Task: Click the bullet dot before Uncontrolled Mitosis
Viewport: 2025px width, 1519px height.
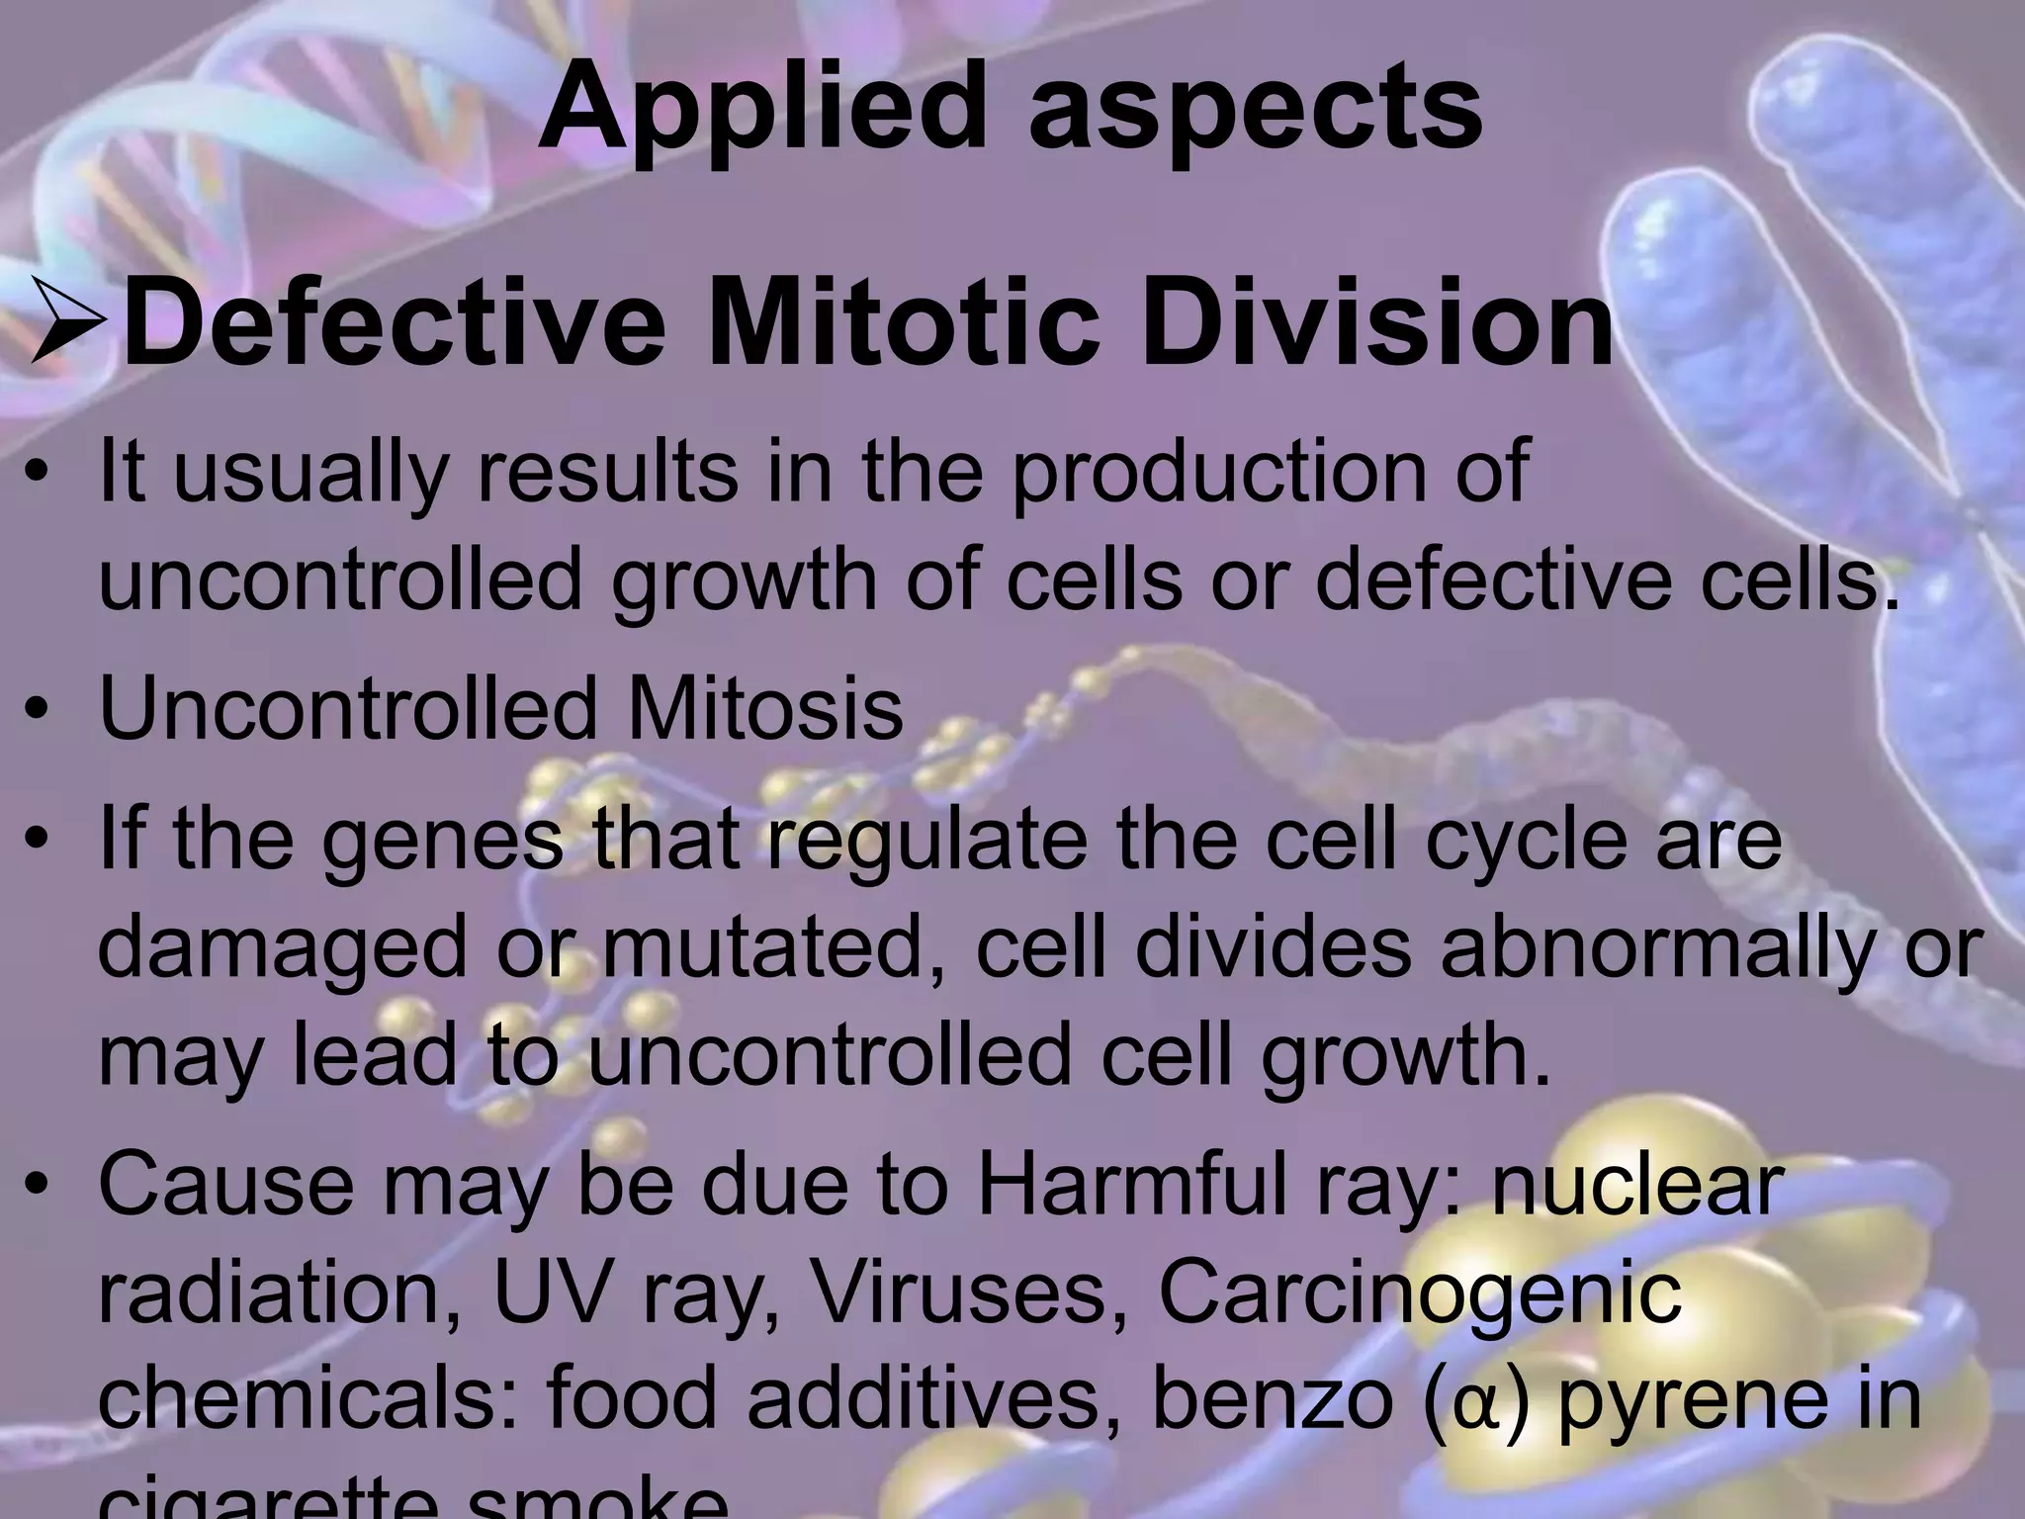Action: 38,710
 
